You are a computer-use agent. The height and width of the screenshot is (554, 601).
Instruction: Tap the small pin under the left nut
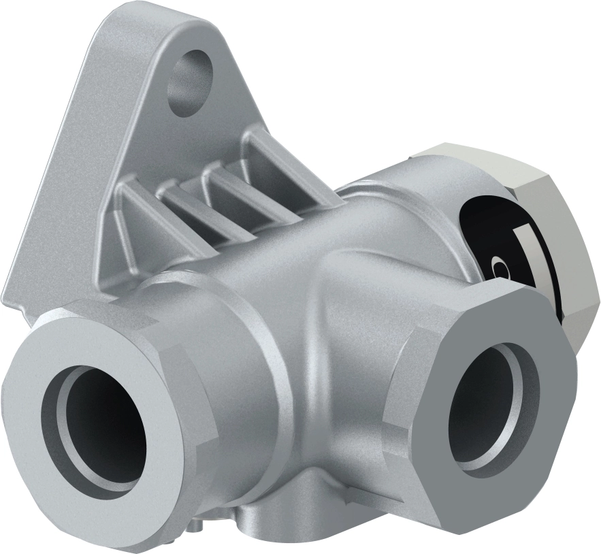[196, 525]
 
